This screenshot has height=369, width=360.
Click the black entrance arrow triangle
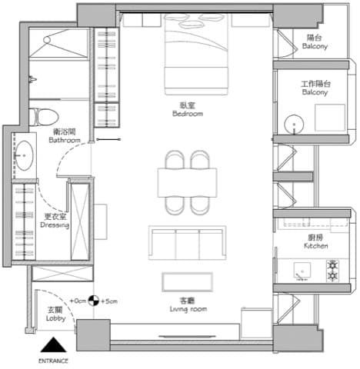[x=53, y=346]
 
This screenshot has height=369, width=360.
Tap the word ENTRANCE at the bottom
[x=53, y=361]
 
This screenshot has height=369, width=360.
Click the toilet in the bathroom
[x=45, y=117]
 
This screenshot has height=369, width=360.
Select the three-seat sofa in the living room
[x=188, y=243]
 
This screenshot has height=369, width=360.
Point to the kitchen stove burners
[x=334, y=270]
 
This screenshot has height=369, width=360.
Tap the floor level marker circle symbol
[x=93, y=301]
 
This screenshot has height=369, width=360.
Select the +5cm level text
[x=109, y=301]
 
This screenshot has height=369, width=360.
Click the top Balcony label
[x=315, y=42]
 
